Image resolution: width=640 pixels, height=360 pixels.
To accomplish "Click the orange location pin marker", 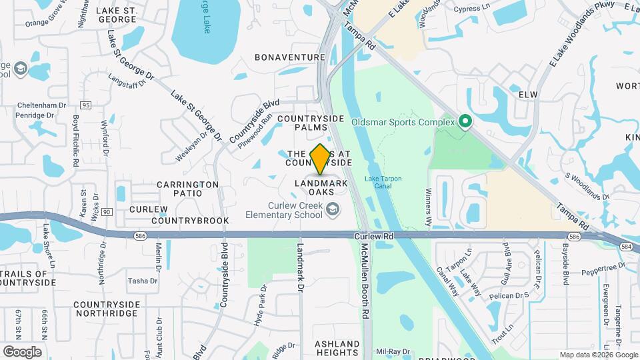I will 321,159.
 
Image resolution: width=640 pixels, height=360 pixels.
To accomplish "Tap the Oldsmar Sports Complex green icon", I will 465,122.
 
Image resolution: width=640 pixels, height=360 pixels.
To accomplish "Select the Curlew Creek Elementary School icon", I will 332,211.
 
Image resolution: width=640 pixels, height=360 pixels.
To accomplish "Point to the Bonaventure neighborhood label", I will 290,57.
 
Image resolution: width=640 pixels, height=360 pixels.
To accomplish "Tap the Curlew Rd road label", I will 375,236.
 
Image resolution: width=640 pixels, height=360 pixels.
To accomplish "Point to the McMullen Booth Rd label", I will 365,280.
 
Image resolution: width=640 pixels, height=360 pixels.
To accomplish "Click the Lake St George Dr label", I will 197,116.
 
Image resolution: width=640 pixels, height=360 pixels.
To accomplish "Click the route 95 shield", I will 85,105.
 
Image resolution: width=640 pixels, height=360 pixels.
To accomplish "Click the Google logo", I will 22,352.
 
